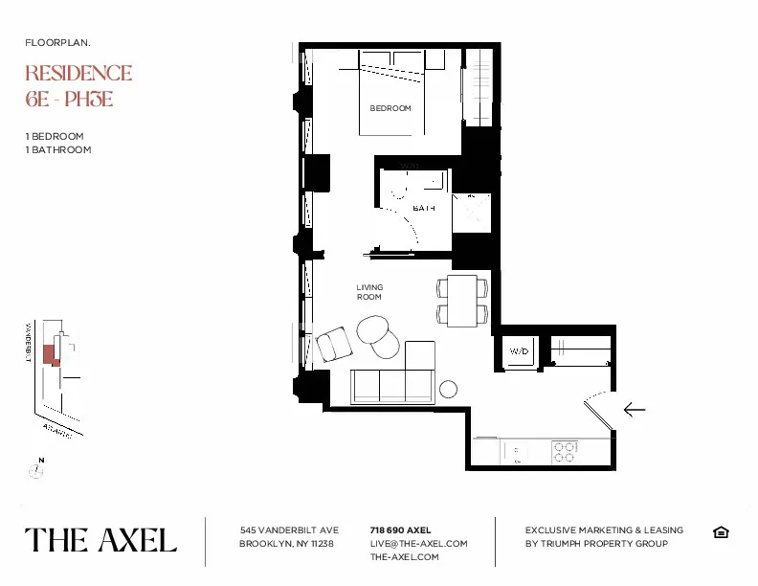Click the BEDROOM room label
390,108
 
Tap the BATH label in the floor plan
424,208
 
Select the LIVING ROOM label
369,292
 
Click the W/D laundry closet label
519,351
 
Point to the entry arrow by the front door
634,409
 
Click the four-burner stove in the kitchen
564,451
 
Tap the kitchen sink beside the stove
516,449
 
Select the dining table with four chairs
463,300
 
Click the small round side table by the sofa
448,389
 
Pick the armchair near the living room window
334,345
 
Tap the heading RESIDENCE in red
78,74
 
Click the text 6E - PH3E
69,99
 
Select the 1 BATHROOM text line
58,149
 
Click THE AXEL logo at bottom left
100,540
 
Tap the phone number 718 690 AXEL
400,530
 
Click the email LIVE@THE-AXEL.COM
418,543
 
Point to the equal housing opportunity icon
721,532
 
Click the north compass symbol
36,469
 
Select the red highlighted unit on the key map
56,353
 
